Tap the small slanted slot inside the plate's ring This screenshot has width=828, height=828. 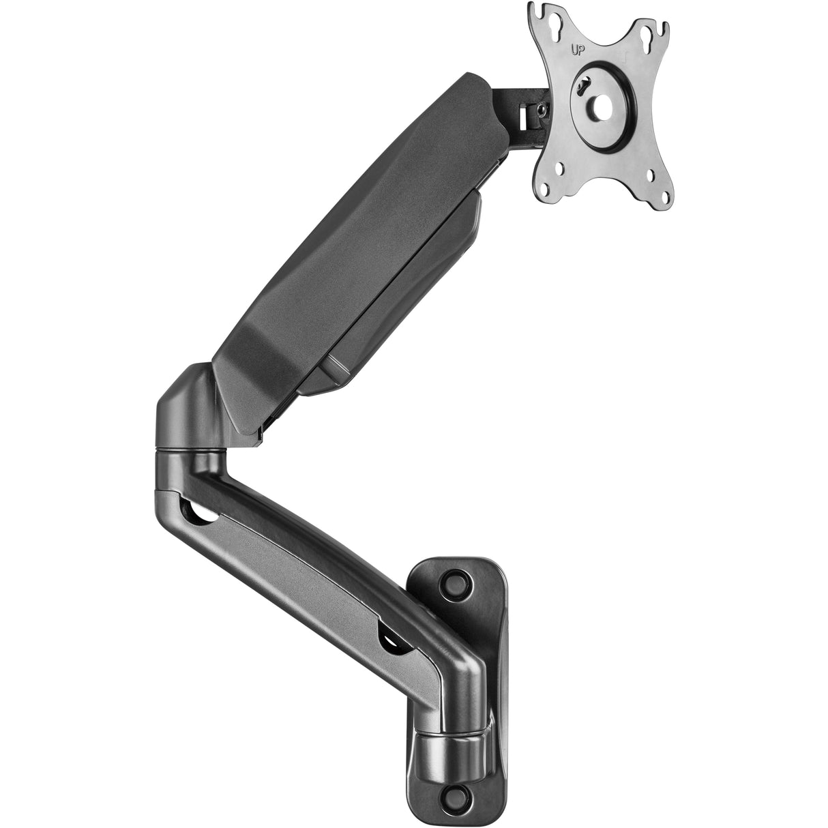click(x=582, y=87)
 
